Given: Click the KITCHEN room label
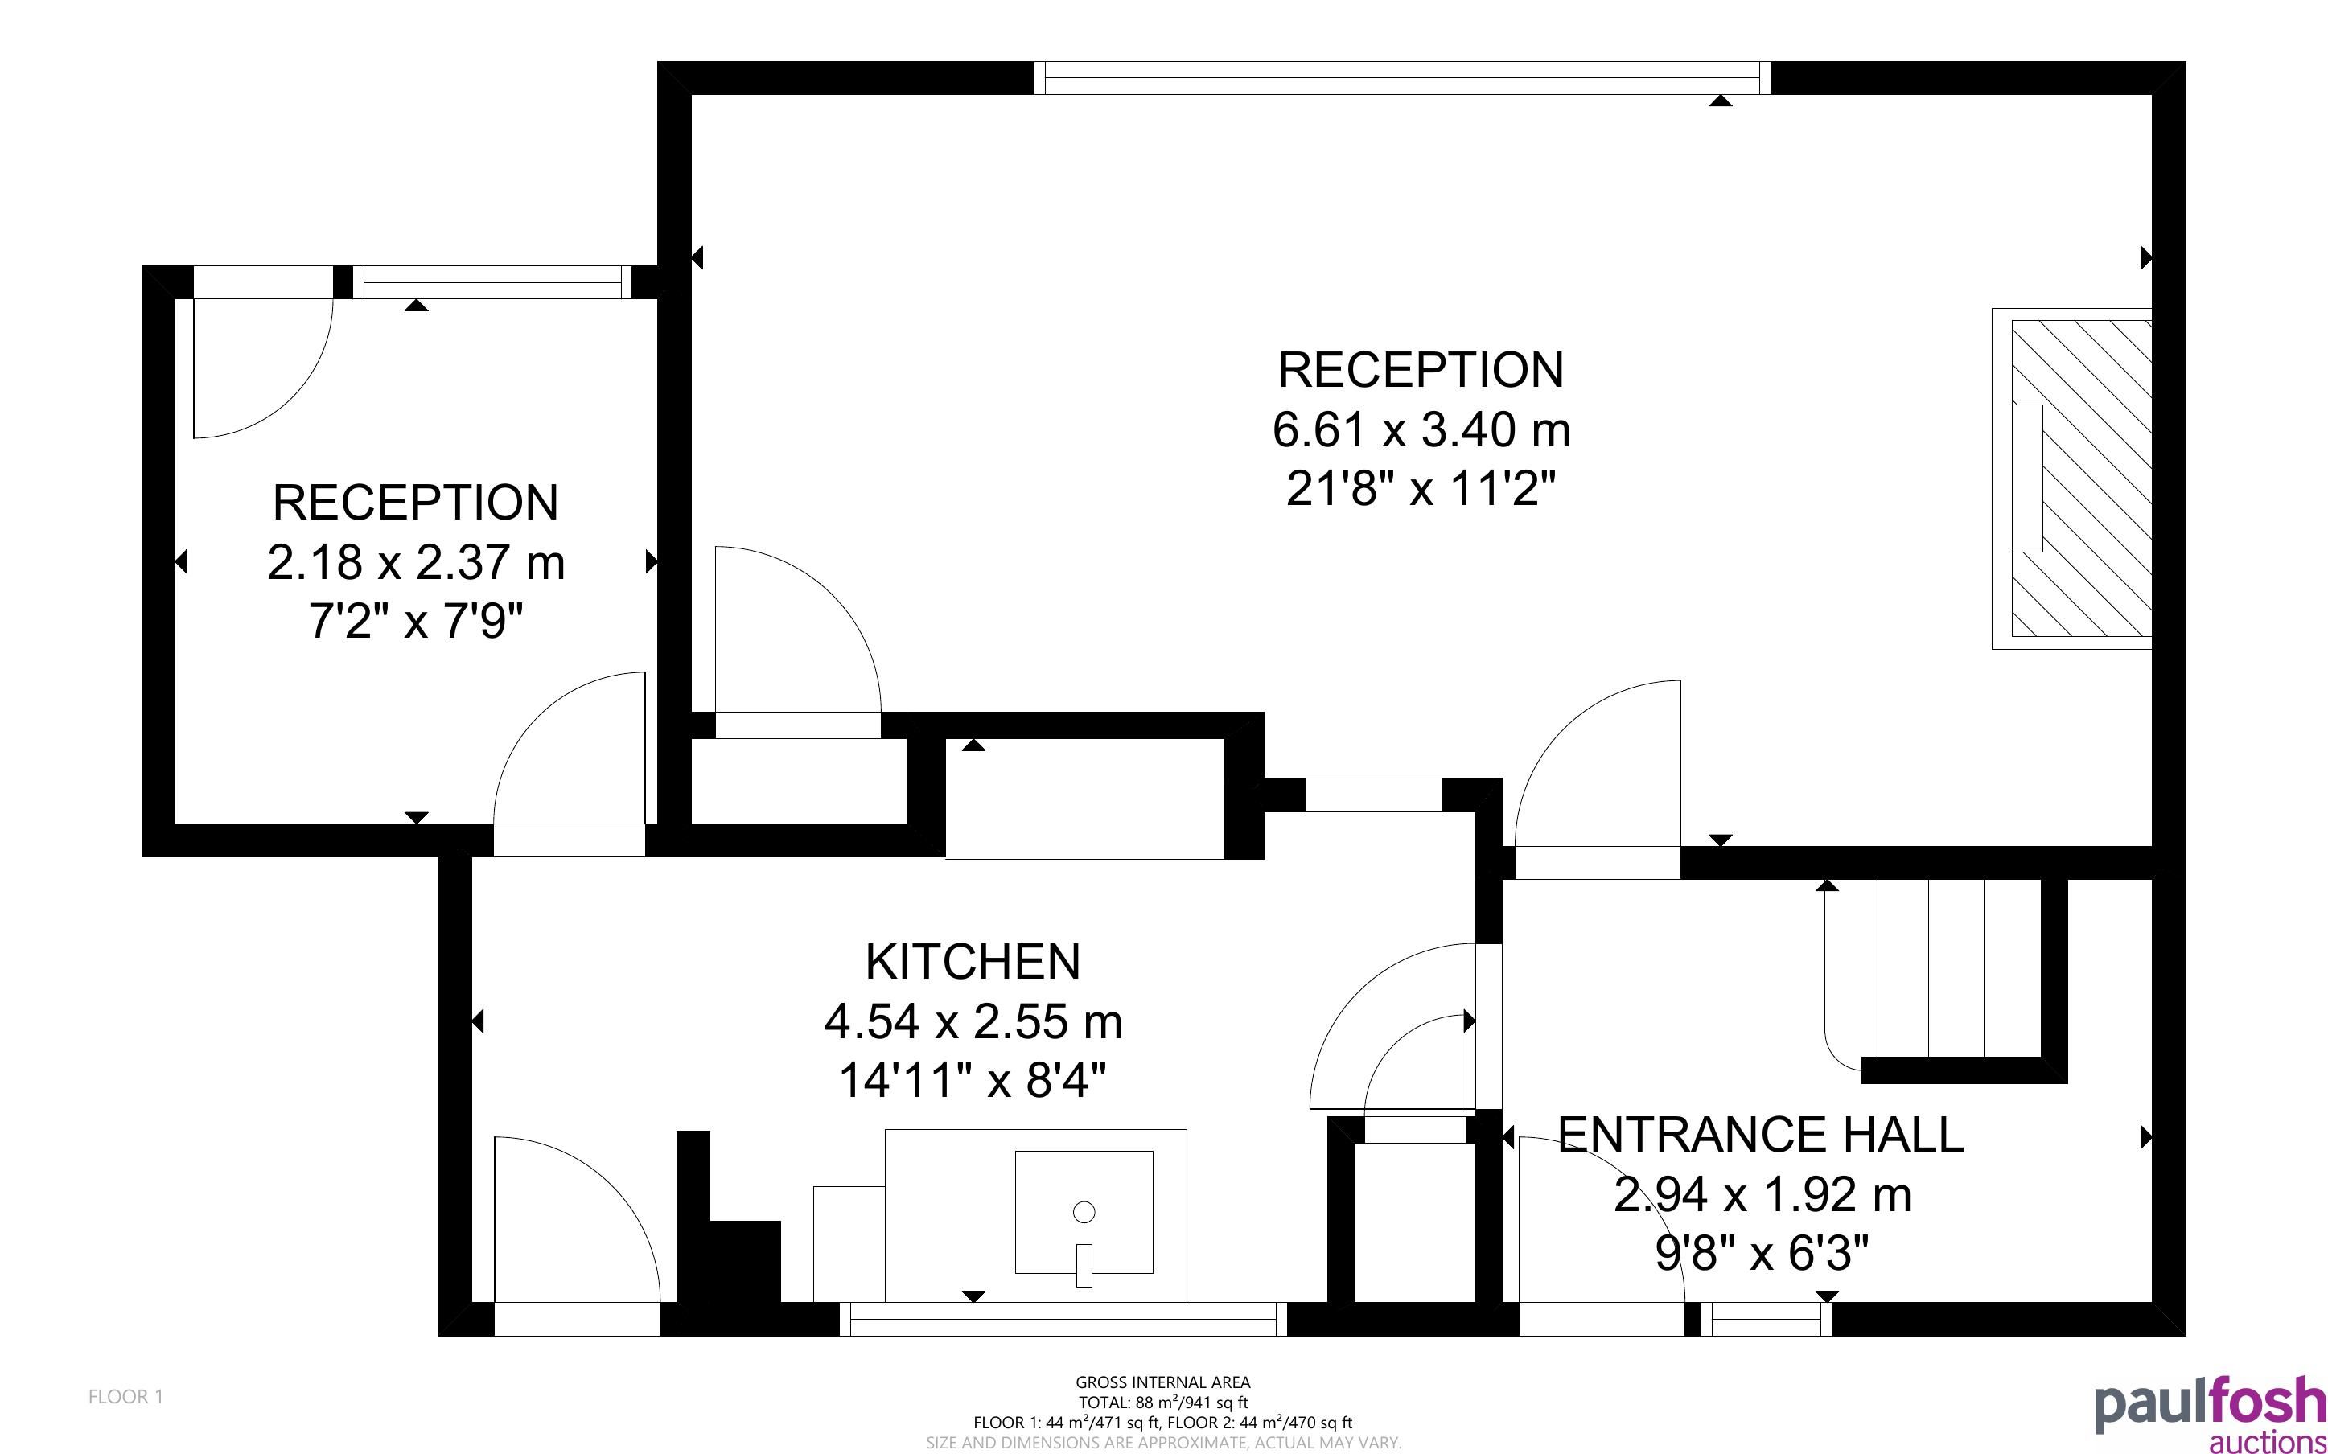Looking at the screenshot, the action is click(973, 962).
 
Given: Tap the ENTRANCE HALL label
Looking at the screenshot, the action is click(1760, 1135).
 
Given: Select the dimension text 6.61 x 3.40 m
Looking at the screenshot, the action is click(1421, 429).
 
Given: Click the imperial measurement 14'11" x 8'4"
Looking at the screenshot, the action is click(973, 1080).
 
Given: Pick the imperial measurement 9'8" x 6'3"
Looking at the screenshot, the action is click(1762, 1253).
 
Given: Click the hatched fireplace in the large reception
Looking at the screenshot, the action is click(2081, 479).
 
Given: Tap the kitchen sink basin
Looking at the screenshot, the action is click(1084, 1212).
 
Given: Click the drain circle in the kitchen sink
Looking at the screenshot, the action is click(1084, 1213).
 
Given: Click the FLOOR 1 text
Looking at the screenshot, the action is click(126, 1396).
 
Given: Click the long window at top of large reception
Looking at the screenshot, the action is click(1402, 78).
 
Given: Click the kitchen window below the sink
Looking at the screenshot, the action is click(1063, 1320).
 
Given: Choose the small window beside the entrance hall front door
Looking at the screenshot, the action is click(1767, 1320).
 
